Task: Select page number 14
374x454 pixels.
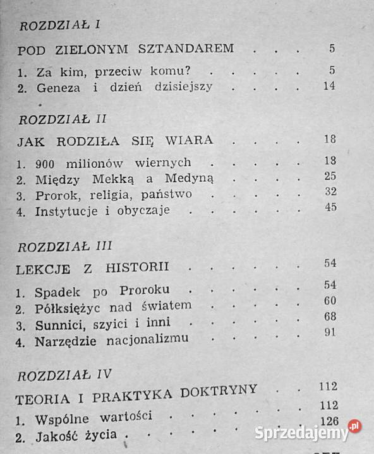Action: pos(327,86)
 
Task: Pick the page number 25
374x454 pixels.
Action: pos(327,177)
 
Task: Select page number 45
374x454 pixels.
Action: pos(327,209)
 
